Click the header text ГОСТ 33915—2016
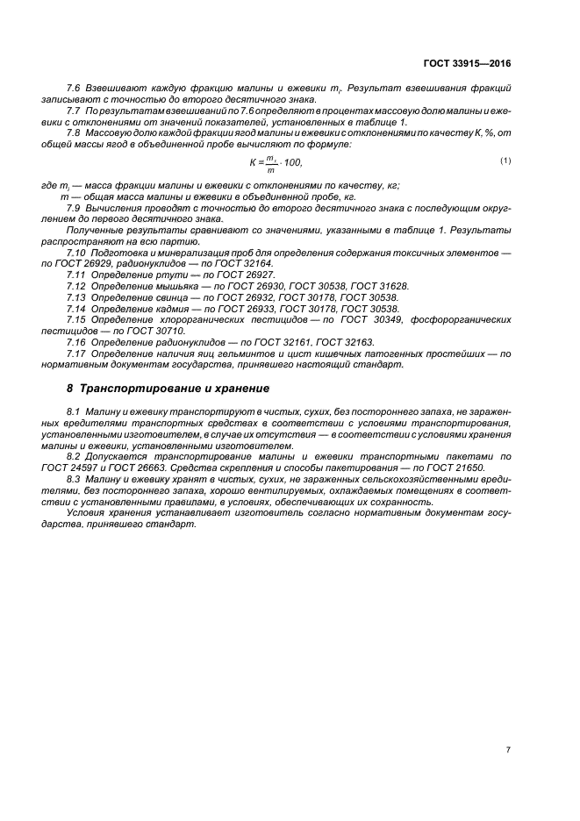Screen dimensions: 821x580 468,64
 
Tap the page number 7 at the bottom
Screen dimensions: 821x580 508,750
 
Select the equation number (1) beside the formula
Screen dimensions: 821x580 505,161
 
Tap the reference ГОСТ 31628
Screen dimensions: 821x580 374,287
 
